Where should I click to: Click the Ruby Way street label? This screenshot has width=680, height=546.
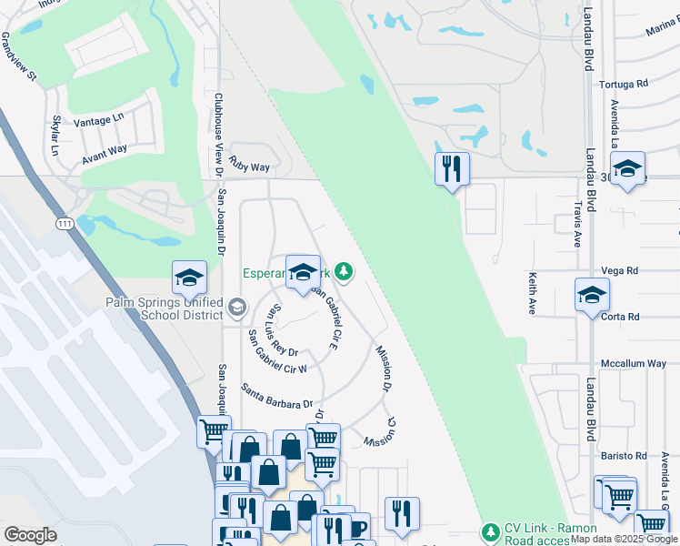click(x=250, y=167)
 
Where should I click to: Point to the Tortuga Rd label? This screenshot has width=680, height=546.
click(x=624, y=84)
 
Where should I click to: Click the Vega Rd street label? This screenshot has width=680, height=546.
click(x=622, y=270)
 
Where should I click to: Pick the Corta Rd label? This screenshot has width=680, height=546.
click(x=623, y=317)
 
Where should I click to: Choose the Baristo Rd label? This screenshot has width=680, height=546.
click(x=623, y=456)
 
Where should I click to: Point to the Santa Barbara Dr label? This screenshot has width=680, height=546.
click(x=276, y=396)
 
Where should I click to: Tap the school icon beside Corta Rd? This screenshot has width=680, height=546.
click(x=592, y=296)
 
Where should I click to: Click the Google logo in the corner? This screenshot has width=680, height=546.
click(x=31, y=535)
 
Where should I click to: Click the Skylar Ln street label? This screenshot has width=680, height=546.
click(x=57, y=131)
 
